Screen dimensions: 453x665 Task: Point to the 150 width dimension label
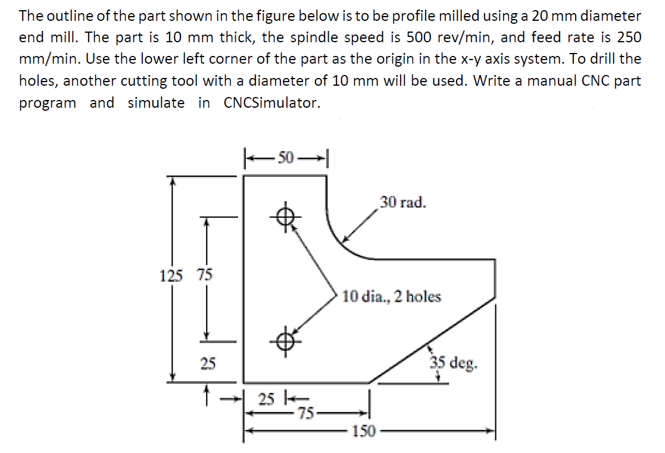[x=364, y=431]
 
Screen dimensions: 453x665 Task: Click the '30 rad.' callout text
[x=403, y=202]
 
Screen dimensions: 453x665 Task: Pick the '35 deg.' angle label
[x=454, y=363]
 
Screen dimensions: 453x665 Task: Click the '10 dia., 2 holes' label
[x=392, y=296]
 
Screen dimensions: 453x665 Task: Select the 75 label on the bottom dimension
[x=307, y=412]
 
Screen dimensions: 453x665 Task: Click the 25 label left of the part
[x=207, y=363]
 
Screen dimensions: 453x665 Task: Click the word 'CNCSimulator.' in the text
[x=272, y=102]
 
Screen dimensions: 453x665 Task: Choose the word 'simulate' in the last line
[x=156, y=102]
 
